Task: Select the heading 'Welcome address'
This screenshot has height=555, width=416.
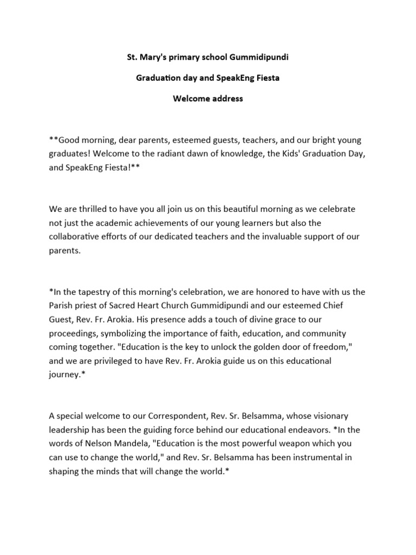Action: [207, 99]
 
